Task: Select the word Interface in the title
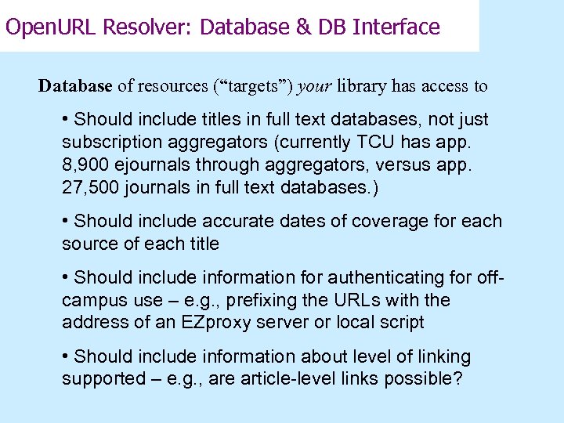[396, 27]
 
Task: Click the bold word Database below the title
[75, 86]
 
